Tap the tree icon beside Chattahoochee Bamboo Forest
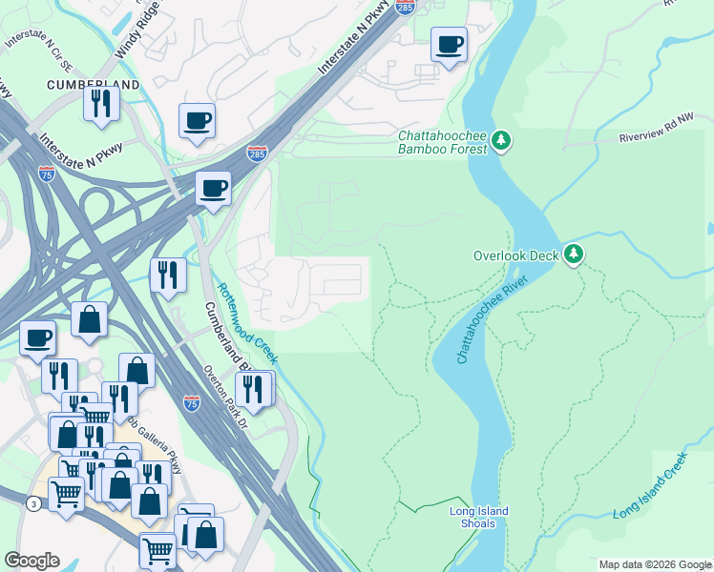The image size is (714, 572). [502, 143]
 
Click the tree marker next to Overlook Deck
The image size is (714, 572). [573, 254]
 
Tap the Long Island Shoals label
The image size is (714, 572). [472, 518]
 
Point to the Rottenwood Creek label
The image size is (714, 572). [245, 324]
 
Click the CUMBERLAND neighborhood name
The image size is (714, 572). [93, 85]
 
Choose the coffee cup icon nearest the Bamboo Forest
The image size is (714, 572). [449, 44]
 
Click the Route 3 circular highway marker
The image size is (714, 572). [33, 504]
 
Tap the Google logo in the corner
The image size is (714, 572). [32, 561]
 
